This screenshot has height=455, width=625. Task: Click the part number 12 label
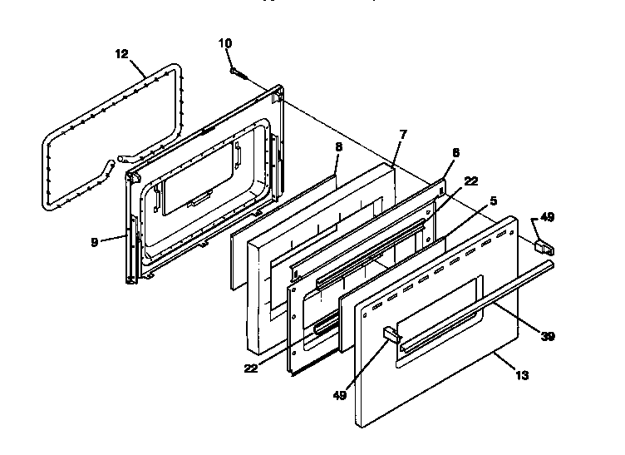click(x=121, y=55)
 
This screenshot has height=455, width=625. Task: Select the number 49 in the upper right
click(x=547, y=218)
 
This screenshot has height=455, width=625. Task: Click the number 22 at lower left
click(x=250, y=367)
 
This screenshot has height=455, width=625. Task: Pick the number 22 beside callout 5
click(x=471, y=181)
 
